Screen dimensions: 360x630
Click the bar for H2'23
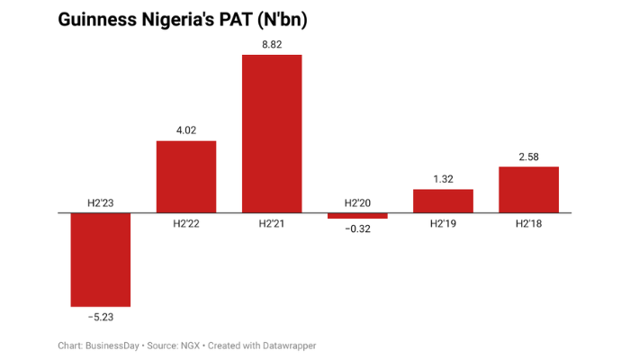point(101,259)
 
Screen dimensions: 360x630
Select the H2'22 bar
point(186,176)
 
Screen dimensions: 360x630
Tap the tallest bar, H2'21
point(272,133)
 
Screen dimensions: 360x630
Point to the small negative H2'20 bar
point(357,216)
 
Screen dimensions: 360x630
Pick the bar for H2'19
point(443,201)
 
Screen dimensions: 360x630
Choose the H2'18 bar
point(528,189)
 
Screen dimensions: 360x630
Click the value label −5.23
point(101,317)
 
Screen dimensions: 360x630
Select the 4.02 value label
point(186,130)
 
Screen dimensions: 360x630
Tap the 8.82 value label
point(272,44)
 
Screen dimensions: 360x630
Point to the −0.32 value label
point(357,229)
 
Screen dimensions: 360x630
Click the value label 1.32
point(443,178)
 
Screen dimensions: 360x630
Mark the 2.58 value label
point(528,157)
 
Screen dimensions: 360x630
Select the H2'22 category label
point(186,224)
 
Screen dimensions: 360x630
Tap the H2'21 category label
point(272,224)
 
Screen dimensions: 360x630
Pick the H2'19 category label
point(443,224)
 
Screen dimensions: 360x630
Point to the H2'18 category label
point(528,224)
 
